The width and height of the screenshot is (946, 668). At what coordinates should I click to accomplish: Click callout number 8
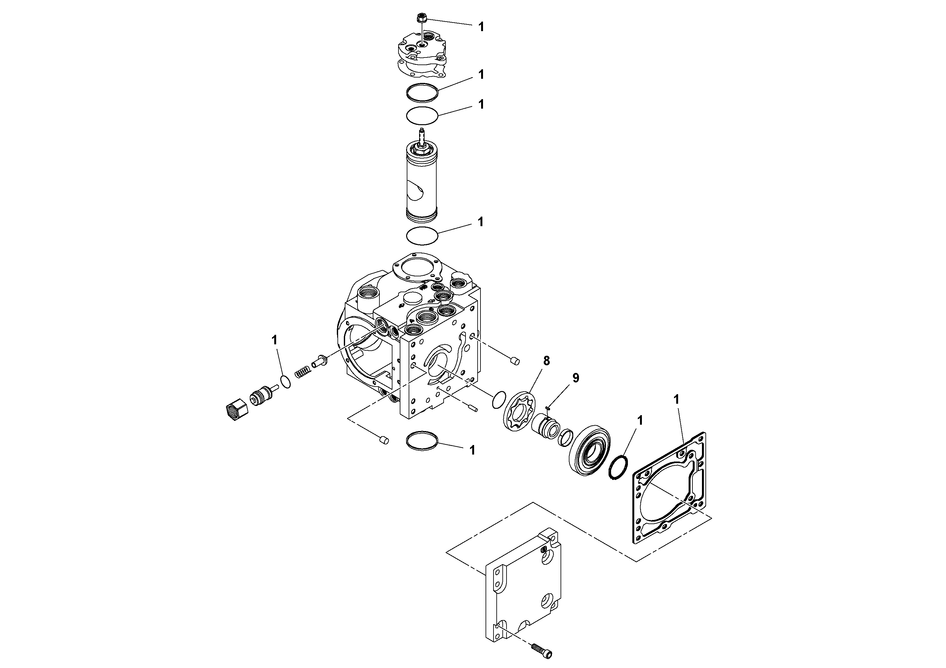point(546,361)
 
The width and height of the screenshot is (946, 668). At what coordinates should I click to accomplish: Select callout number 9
point(575,378)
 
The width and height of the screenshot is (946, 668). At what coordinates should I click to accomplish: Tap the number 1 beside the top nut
point(481,27)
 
